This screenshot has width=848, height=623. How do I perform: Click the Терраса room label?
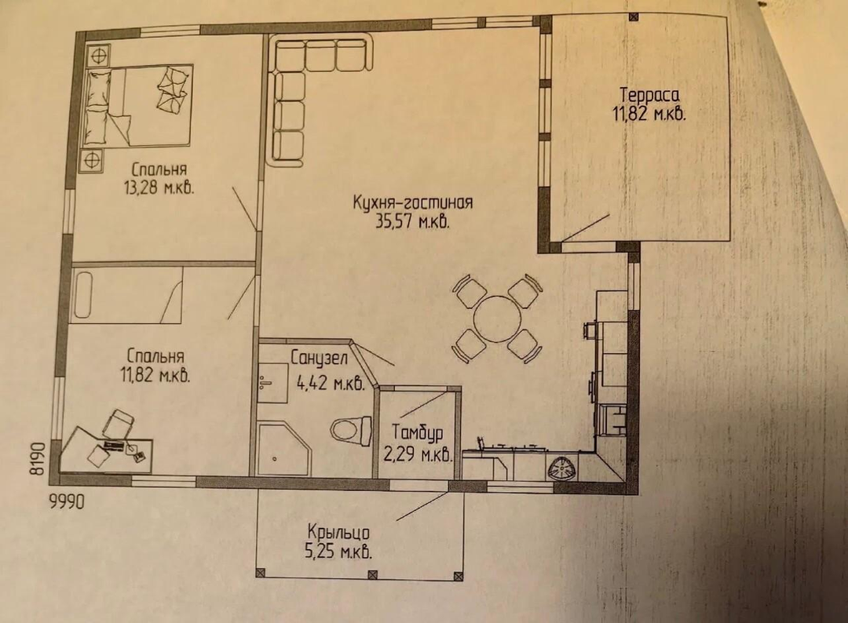click(649, 95)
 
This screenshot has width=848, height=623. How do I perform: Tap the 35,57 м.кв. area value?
click(413, 221)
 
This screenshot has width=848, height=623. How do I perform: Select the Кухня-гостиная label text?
click(413, 202)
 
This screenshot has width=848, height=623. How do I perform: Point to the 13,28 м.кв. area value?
click(159, 188)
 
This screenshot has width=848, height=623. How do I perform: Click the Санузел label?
click(319, 359)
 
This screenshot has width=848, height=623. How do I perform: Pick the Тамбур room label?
click(418, 432)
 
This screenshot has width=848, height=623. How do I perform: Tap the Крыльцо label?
click(338, 533)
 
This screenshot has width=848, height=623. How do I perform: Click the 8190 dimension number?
click(36, 459)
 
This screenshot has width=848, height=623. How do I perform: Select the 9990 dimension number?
click(67, 502)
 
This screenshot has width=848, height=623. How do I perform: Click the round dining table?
click(497, 318)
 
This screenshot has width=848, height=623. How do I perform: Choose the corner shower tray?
click(285, 450)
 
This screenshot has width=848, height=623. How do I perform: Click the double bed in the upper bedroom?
click(139, 105)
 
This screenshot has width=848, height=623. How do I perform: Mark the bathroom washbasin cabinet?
click(272, 383)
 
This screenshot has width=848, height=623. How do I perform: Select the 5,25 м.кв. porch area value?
click(338, 552)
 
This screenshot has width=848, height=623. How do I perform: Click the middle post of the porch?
click(371, 574)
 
